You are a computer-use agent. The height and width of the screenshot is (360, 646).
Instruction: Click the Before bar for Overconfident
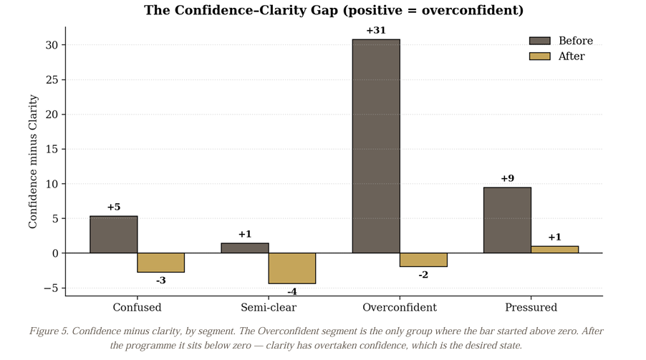(x=376, y=146)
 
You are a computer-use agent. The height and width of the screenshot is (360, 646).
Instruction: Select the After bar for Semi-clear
(x=292, y=268)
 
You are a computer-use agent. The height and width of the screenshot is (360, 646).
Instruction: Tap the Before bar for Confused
(x=114, y=235)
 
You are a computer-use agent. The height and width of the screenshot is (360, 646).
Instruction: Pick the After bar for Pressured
(x=554, y=250)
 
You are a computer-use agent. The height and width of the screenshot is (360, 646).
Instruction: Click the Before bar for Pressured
(x=507, y=220)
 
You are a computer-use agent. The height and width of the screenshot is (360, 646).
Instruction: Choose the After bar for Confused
(x=161, y=263)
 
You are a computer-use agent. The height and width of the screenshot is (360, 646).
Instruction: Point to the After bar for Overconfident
(x=423, y=260)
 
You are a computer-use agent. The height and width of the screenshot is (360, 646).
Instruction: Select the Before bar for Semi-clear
(x=245, y=248)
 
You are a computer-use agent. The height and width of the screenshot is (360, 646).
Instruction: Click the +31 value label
(x=376, y=31)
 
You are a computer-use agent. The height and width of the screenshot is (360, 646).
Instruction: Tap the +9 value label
(x=507, y=179)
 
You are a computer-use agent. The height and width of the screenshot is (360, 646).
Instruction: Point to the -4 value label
(x=292, y=292)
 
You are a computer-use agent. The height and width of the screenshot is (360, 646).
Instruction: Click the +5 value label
(x=114, y=208)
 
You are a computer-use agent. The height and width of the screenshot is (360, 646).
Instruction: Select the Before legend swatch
(x=539, y=41)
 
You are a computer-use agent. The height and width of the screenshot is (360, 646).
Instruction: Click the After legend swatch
(x=539, y=56)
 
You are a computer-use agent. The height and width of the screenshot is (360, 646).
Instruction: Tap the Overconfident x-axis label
(x=399, y=308)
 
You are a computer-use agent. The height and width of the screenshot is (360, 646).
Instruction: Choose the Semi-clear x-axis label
(x=268, y=308)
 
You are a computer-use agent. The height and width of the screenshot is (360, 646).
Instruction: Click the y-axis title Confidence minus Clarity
(x=33, y=162)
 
